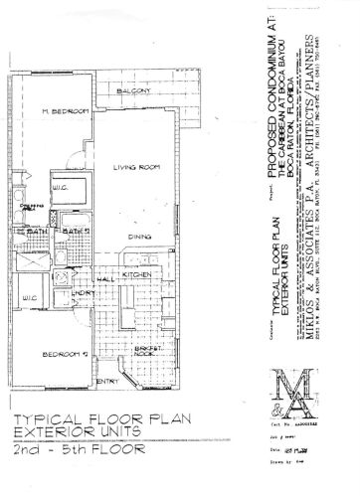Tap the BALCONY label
click(133, 91)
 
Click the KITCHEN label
click(136, 274)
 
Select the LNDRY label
click(82, 295)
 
